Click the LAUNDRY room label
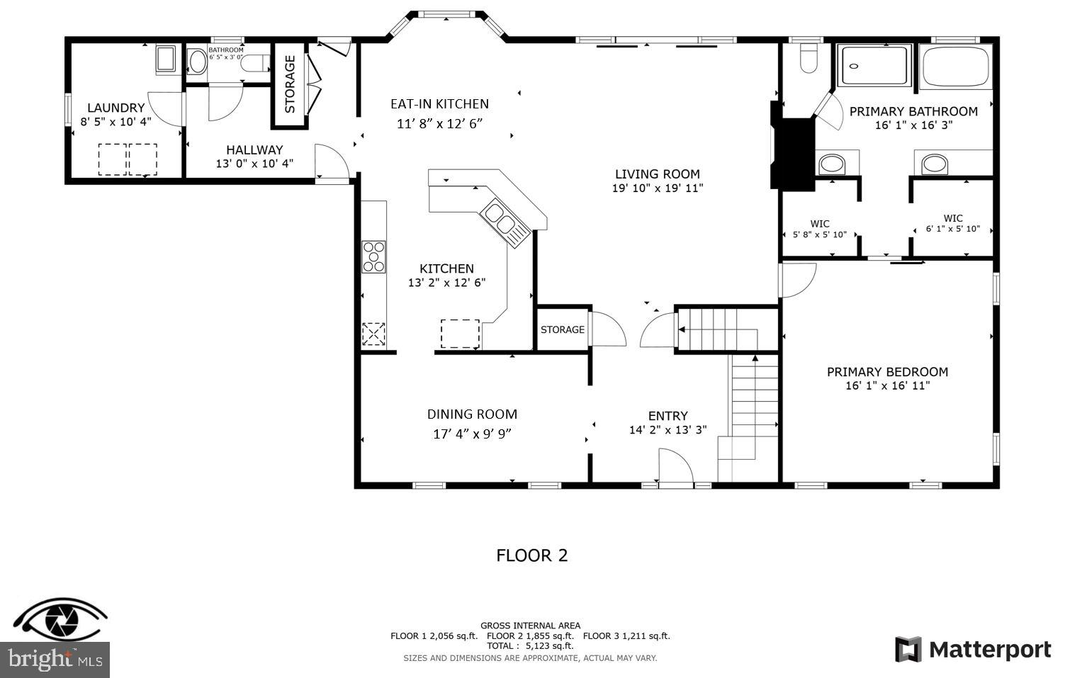click(115, 108)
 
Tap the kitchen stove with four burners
click(373, 256)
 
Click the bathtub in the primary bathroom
click(956, 67)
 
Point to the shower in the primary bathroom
click(874, 66)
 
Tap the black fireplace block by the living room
click(793, 152)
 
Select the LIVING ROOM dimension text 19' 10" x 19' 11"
click(657, 188)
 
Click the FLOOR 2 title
click(531, 555)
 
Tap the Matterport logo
click(973, 650)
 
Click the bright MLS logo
click(54, 660)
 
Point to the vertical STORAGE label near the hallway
click(290, 84)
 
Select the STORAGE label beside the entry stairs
click(563, 329)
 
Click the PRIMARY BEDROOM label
click(887, 372)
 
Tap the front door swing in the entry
click(675, 468)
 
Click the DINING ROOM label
click(472, 414)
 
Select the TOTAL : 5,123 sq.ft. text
click(529, 645)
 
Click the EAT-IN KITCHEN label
click(439, 104)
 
